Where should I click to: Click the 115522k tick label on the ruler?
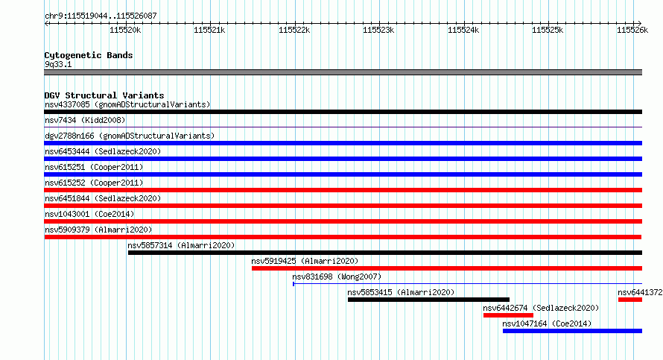tap(294, 30)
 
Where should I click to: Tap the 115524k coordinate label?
tap(463, 30)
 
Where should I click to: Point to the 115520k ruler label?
tap(125, 30)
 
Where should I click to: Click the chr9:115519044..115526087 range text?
tap(101, 16)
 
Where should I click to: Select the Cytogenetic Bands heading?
tap(89, 55)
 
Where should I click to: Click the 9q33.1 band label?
tap(58, 64)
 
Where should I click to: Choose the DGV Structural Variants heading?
tap(104, 95)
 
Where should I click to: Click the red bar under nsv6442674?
tap(508, 315)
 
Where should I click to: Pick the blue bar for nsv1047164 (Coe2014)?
tap(573, 331)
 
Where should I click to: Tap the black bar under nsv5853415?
tap(429, 300)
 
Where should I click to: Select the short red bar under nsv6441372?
tap(630, 300)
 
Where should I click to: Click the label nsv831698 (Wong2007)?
tap(337, 277)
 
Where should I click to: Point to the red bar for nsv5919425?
tap(447, 268)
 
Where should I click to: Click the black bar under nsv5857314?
tap(385, 253)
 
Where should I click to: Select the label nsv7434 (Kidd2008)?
tap(85, 120)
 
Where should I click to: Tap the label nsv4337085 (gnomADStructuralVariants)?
tap(127, 104)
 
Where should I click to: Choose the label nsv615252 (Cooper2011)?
tap(94, 183)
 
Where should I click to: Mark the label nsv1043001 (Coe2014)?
tap(89, 214)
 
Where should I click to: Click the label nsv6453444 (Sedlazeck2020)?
tap(103, 151)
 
